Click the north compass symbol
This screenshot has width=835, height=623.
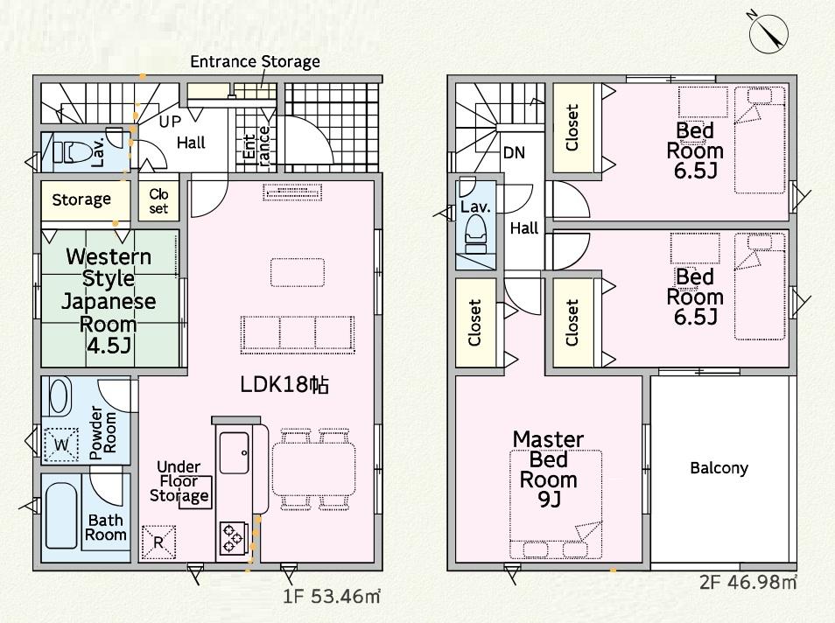point(768,33)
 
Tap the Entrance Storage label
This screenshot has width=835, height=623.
point(255,62)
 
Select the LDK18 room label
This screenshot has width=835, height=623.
point(284,384)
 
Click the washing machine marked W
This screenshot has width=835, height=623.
point(60,444)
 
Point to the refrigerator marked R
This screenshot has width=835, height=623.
point(158,542)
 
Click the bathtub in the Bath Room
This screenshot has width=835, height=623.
point(60,515)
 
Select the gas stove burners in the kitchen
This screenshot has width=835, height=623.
point(233,538)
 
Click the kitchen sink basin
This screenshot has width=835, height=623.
point(234,452)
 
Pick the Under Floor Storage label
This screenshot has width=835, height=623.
point(179,481)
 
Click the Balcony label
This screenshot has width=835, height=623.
point(719,468)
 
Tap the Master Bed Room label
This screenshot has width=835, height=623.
point(548,469)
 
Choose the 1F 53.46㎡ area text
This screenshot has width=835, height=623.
point(331,596)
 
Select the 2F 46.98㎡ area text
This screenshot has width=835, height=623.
point(748,582)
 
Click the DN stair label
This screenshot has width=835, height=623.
point(514,153)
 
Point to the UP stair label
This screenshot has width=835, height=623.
point(170,122)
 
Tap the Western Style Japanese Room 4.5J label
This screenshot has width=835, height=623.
point(109,301)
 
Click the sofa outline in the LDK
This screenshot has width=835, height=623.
point(298,334)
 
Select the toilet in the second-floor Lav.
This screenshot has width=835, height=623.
point(475,234)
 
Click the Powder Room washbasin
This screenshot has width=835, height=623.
point(60,397)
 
